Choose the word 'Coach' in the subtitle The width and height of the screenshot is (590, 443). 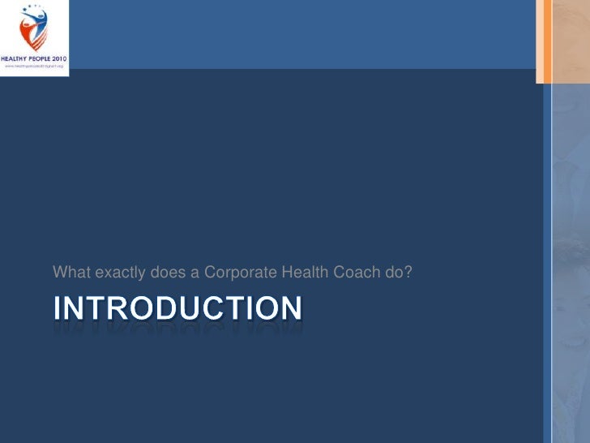click(x=355, y=272)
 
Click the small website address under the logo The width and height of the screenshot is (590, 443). click(x=34, y=67)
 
